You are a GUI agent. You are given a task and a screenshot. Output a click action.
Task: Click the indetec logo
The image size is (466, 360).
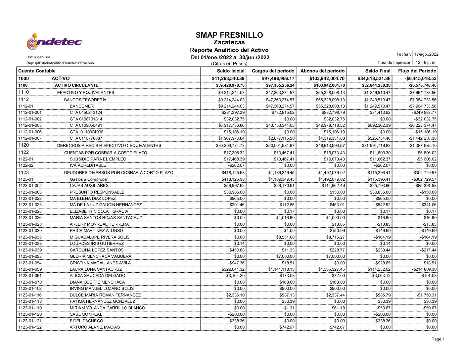point(54,42)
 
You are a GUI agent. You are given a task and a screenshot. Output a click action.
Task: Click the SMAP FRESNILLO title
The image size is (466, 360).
point(229,35)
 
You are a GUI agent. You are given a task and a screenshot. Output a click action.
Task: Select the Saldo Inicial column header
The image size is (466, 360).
point(231,71)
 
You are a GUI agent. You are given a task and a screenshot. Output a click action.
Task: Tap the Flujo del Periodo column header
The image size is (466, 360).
point(417,71)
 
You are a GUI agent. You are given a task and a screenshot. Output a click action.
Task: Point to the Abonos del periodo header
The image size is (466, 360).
point(322,71)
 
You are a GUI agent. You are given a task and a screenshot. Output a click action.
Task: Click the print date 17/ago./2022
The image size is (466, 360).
point(426,54)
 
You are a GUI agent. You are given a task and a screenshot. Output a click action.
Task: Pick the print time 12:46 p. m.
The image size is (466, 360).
point(426,62)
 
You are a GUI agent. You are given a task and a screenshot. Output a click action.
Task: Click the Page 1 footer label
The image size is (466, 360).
point(438,339)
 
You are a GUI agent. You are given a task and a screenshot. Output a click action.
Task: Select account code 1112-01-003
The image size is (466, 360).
point(30,125)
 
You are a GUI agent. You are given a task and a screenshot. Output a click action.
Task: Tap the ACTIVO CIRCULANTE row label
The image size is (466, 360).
point(76,85)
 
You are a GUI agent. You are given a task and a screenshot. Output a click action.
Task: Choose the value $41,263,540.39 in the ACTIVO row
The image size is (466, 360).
point(228,78)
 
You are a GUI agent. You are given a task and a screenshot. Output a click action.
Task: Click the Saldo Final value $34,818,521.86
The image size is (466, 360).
point(374,78)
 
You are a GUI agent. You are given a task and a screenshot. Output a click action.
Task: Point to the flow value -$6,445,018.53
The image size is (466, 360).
point(420,78)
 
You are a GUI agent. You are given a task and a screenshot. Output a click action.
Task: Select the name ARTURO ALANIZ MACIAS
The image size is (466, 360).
point(95,327)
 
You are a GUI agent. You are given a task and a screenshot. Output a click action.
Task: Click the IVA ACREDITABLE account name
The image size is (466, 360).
point(88,165)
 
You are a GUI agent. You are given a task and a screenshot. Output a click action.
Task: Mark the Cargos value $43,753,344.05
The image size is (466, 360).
point(280,125)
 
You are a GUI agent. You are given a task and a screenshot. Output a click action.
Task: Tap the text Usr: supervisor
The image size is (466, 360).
point(38,57)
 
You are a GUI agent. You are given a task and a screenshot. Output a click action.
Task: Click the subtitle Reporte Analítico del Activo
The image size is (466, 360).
point(229,50)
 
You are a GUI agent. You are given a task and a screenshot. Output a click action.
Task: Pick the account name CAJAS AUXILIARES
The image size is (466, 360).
point(89,186)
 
